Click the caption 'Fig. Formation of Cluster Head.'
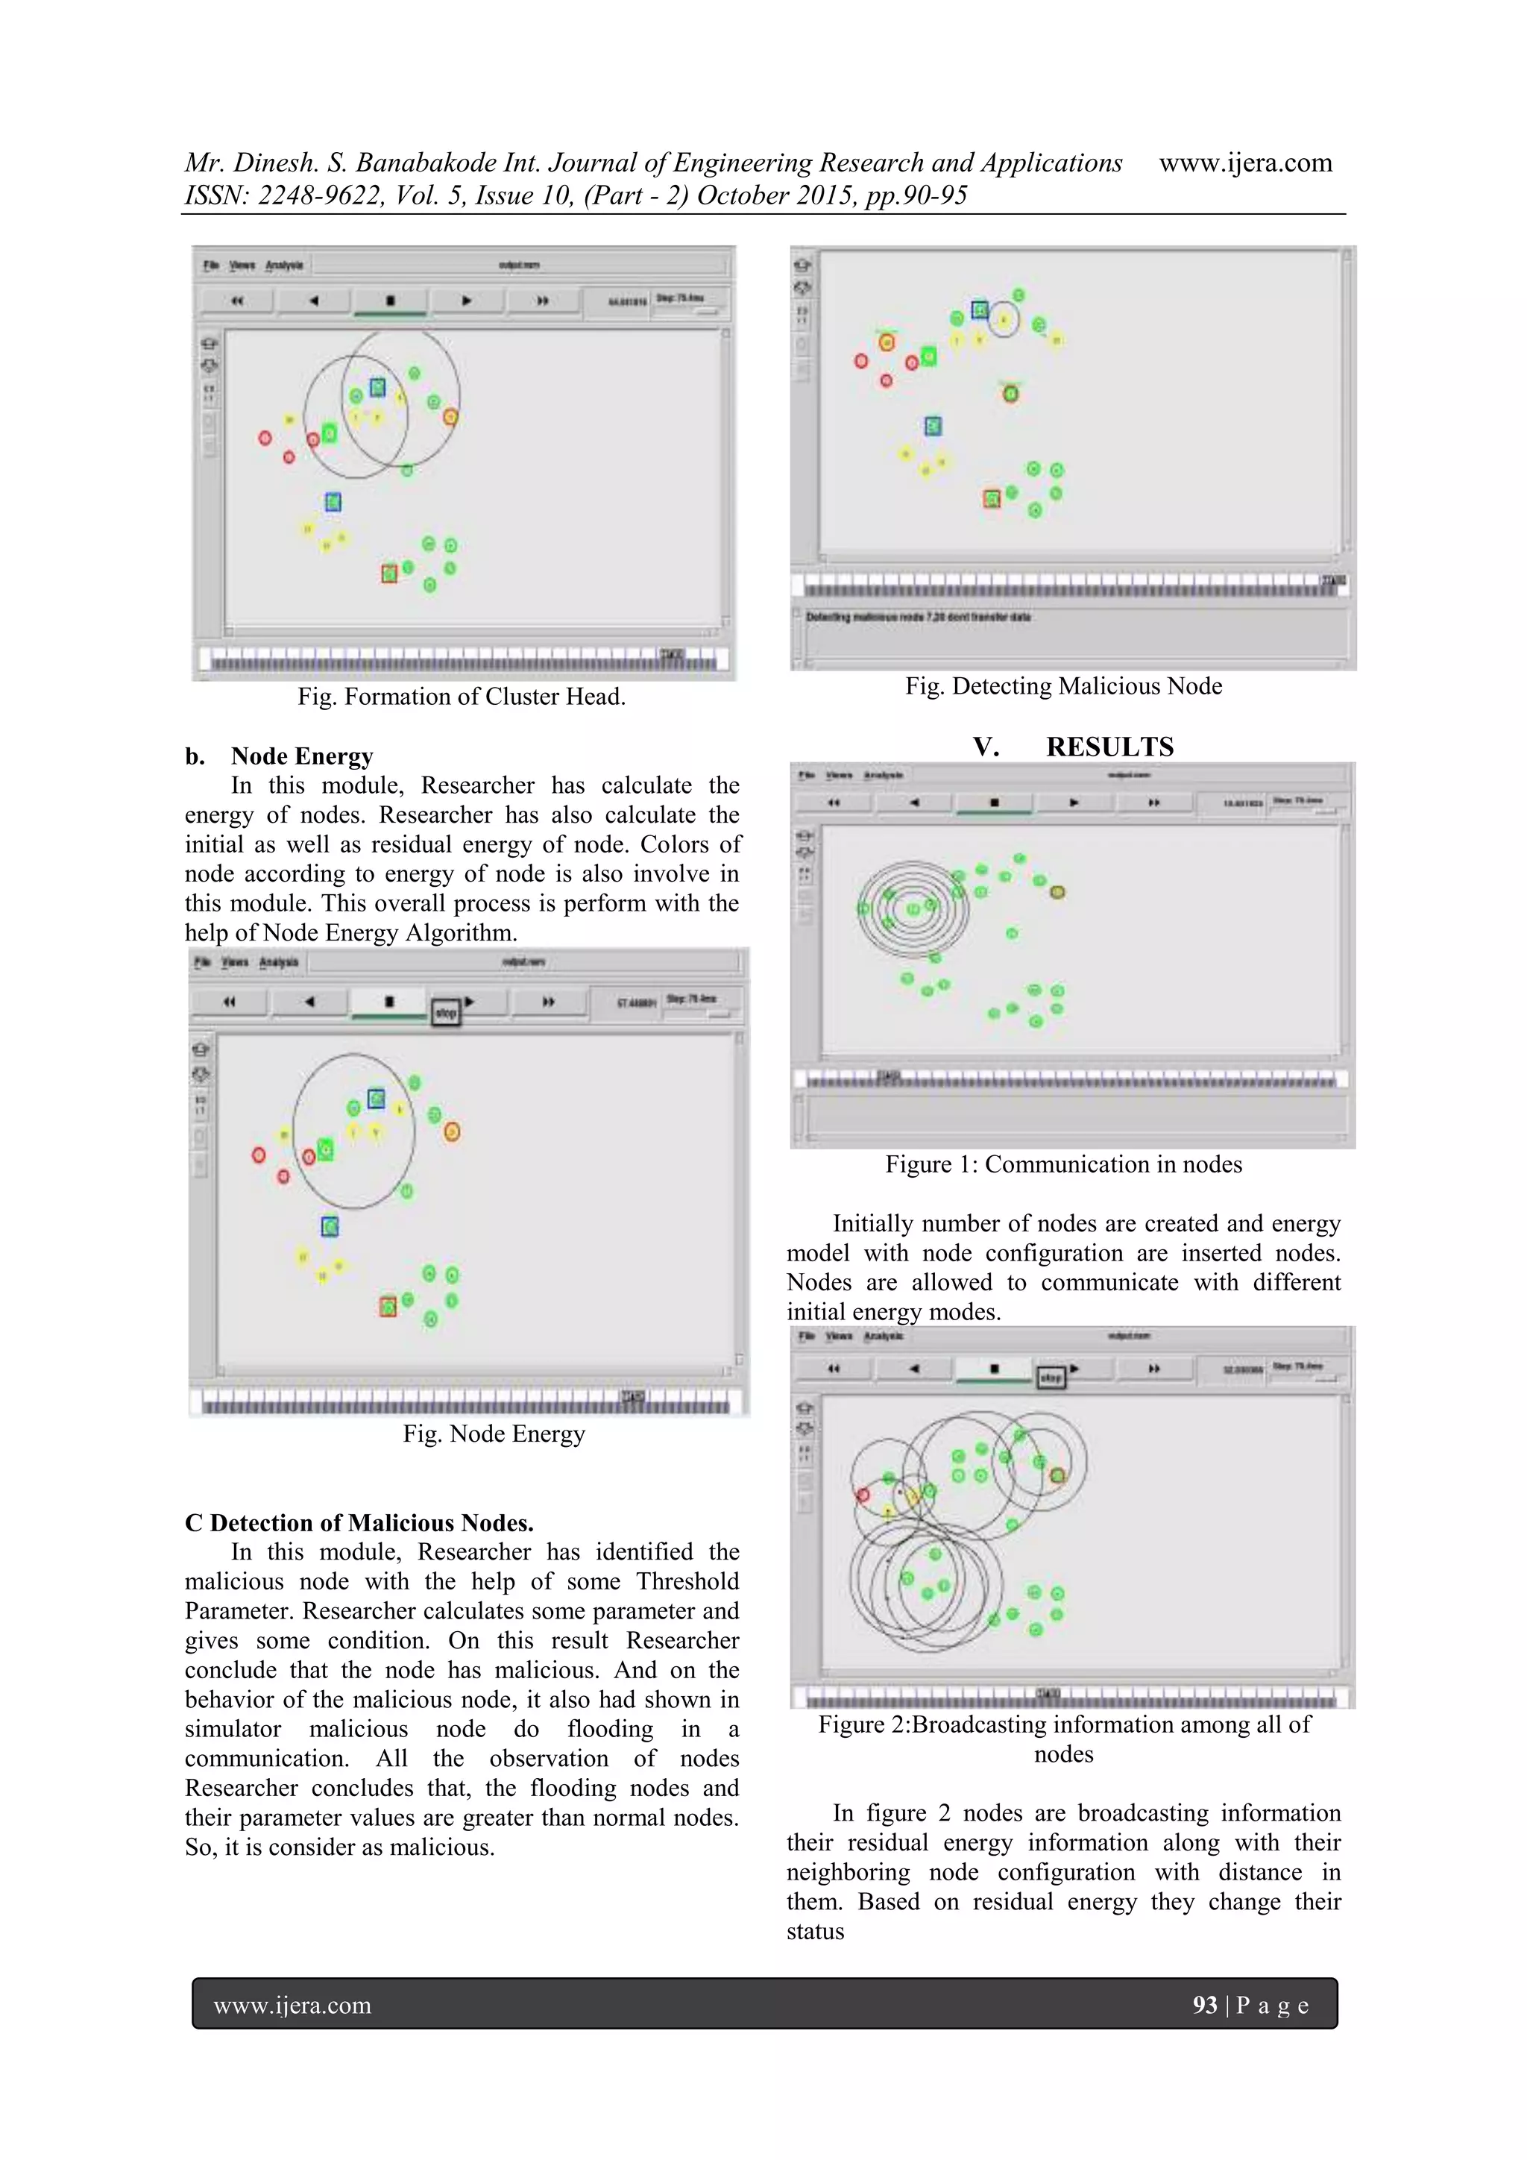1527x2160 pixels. [x=461, y=697]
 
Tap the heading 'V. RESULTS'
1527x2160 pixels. [x=1072, y=747]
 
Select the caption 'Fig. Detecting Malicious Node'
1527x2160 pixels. [x=1063, y=686]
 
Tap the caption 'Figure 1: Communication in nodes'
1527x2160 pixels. [x=1063, y=1165]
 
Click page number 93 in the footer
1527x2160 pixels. [x=1204, y=2006]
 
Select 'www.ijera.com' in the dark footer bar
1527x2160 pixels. [x=292, y=2006]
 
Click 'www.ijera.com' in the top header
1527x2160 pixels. [x=1245, y=163]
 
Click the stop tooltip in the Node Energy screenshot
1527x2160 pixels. [x=446, y=1013]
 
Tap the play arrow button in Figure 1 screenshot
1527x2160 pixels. [x=1074, y=803]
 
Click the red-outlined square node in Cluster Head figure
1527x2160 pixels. [x=389, y=573]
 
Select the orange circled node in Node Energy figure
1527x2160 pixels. [x=451, y=1131]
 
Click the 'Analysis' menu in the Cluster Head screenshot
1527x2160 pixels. [x=284, y=266]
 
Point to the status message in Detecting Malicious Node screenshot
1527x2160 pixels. [x=919, y=617]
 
